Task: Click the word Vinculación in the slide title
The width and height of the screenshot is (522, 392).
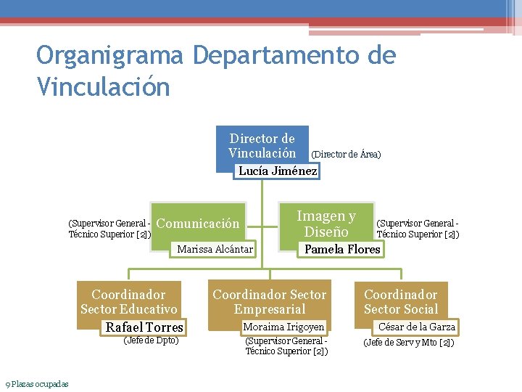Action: (x=103, y=86)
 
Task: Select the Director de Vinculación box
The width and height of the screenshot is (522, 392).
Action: (x=262, y=145)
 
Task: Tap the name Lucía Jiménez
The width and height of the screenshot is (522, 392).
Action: (x=278, y=171)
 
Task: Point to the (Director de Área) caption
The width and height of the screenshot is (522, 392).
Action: (x=346, y=155)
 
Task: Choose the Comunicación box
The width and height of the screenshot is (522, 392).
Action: (x=197, y=224)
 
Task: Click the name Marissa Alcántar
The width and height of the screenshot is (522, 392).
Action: (x=215, y=250)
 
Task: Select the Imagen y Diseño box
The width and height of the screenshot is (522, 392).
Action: (x=326, y=224)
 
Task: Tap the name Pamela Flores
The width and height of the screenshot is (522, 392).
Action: (x=342, y=250)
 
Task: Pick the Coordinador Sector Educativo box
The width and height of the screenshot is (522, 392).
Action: (x=128, y=301)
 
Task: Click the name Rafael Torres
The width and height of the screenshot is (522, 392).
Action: (x=144, y=327)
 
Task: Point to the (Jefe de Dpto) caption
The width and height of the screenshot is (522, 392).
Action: (x=152, y=340)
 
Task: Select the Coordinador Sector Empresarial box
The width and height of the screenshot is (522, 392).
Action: (x=269, y=301)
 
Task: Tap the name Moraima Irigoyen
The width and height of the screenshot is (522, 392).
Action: (x=283, y=327)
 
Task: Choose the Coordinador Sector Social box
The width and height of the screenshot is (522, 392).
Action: (x=401, y=301)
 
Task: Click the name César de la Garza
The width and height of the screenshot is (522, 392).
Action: (x=417, y=327)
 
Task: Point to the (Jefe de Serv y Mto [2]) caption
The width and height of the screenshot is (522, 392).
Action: (x=408, y=342)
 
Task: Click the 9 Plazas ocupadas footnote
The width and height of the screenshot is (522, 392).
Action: (x=37, y=383)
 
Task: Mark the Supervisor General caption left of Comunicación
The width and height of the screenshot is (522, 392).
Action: (x=109, y=229)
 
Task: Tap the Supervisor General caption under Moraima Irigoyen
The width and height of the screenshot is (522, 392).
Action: (x=287, y=346)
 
